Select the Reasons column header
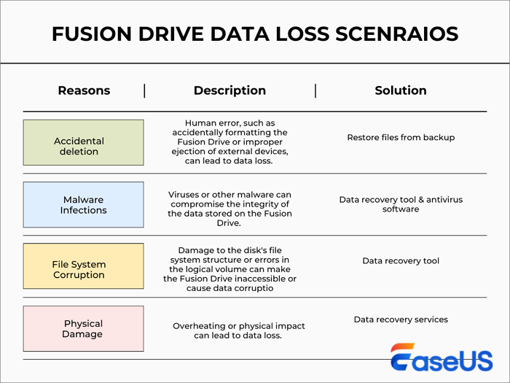[84, 90]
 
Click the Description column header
[229, 90]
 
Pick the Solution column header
[400, 90]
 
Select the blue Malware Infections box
[84, 205]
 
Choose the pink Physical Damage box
[84, 329]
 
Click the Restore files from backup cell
[400, 137]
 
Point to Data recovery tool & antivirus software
[400, 204]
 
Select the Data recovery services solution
[400, 320]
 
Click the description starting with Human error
[229, 142]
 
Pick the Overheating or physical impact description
[239, 330]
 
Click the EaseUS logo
[440, 358]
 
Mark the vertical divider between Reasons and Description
[144, 90]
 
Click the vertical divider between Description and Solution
[315, 90]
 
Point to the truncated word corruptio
[267, 289]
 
